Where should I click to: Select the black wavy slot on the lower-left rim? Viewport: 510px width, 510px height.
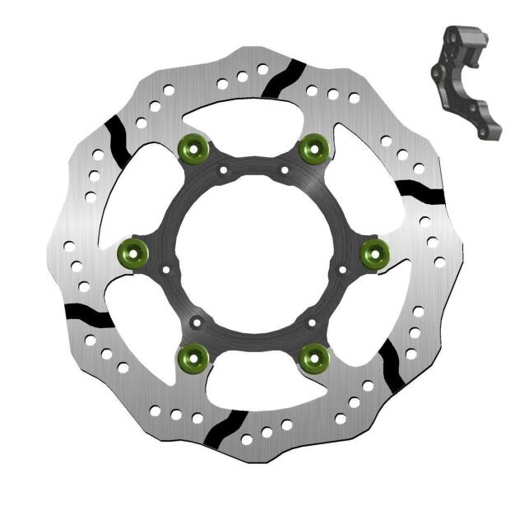point(89,314)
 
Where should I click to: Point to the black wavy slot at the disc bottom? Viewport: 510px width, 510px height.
point(219,428)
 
